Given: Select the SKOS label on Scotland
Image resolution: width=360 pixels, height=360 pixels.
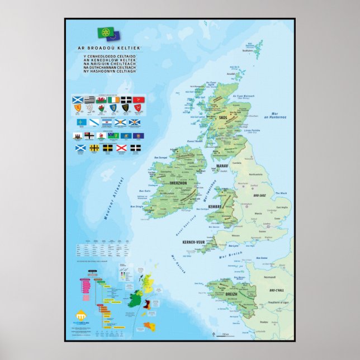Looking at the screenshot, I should (223, 118).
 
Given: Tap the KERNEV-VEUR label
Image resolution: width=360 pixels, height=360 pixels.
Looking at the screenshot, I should (195, 243).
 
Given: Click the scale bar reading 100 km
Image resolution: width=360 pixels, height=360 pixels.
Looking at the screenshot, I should (224, 334).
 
